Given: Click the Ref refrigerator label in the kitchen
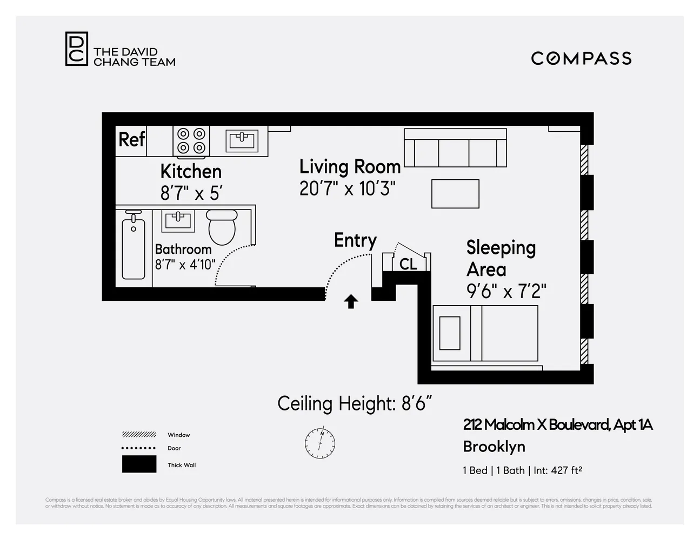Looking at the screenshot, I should click(131, 139).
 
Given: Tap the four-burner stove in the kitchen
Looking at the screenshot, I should click(191, 141).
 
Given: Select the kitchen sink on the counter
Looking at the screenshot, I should click(242, 141).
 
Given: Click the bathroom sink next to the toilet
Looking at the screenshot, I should click(178, 221).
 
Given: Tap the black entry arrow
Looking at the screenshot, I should click(351, 301).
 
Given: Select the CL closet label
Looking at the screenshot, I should click(408, 264).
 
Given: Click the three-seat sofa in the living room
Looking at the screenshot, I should click(455, 148).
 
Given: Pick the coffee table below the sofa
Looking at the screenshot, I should click(455, 194).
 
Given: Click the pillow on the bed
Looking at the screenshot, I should click(450, 333).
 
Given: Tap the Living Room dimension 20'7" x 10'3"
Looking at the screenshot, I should click(348, 189).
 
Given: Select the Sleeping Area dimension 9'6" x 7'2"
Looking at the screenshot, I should click(506, 292).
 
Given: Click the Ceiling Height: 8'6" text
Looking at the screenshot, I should click(355, 404).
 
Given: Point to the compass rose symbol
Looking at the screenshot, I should click(320, 443).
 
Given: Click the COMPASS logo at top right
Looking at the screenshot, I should click(581, 58).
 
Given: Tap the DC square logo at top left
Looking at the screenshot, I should click(76, 49).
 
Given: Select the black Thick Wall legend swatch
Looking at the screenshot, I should click(139, 464).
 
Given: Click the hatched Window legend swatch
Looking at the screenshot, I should click(139, 435).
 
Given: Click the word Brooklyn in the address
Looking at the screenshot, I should click(494, 447).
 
